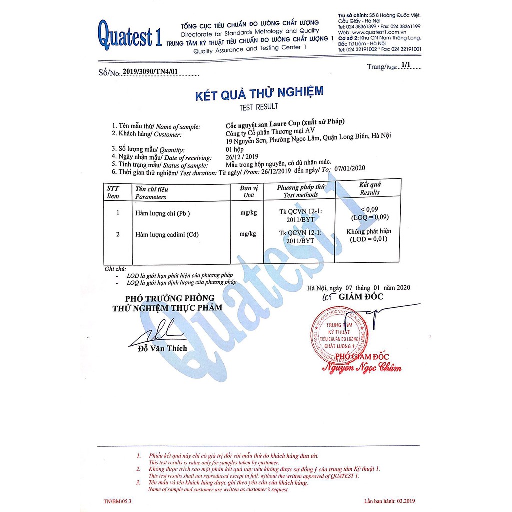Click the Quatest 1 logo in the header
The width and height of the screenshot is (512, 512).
tap(130, 36)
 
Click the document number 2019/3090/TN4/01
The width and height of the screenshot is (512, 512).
tap(150, 72)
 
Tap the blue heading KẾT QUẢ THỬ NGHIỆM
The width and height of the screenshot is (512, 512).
tap(259, 93)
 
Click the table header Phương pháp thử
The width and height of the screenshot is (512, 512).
tap(301, 187)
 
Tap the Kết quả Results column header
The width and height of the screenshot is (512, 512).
tap(370, 188)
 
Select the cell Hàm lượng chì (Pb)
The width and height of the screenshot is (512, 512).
tap(163, 213)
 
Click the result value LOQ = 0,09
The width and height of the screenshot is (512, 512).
tap(370, 217)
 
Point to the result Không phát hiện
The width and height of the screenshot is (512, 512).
tap(369, 231)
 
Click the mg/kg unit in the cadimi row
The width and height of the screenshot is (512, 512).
tap(248, 234)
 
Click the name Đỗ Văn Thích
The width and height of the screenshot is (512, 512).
tap(162, 348)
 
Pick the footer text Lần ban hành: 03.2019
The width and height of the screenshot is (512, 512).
tap(390, 501)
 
